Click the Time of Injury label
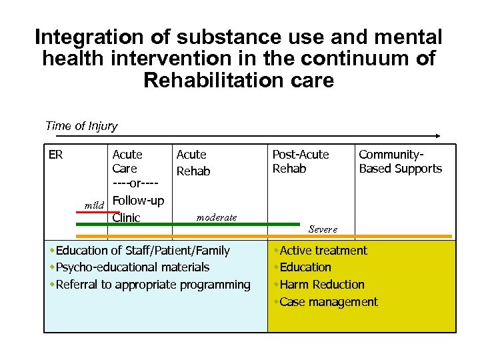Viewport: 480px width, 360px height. pos(81,126)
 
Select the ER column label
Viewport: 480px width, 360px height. pos(56,155)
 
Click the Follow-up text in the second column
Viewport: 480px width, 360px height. pos(138,200)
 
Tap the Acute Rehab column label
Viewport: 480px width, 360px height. pos(193,163)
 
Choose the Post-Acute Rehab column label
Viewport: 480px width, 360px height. pos(300,161)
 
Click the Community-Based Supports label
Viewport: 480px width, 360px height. pos(400,161)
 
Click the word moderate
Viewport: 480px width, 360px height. pos(217,217)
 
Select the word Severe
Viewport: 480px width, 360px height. pos(323,229)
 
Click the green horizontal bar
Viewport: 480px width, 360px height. pos(187,225)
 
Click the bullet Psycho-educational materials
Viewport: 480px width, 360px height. pos(132,267)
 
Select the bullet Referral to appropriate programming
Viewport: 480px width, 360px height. pos(153,285)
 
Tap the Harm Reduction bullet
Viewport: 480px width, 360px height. pos(322,285)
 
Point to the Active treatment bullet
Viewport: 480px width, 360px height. pos(323,251)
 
